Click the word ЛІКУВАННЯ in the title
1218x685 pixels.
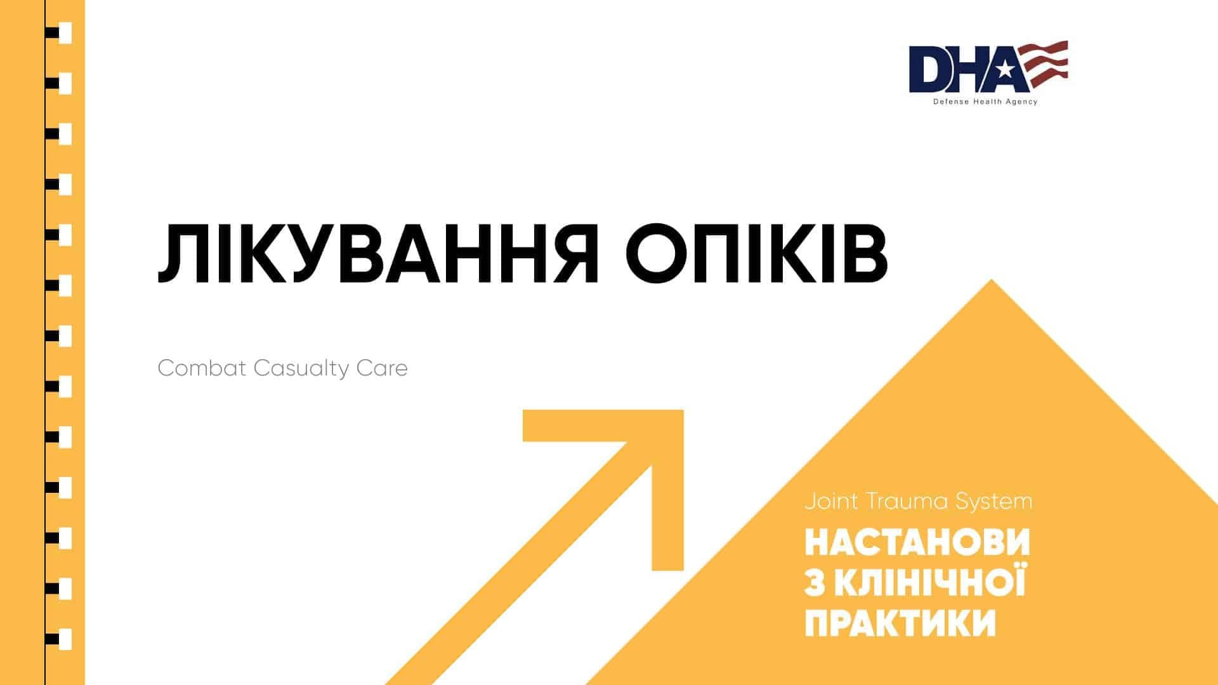click(377, 254)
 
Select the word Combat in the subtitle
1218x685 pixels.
click(201, 368)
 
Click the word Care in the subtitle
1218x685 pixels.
click(382, 368)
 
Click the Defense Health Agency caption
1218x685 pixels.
click(985, 102)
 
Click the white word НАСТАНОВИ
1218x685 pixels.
click(917, 543)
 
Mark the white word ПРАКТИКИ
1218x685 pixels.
click(900, 623)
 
